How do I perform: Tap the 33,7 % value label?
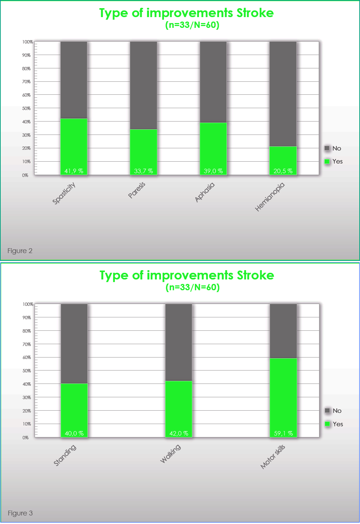point(144,171)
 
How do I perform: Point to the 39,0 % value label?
point(213,171)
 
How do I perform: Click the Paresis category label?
point(137,190)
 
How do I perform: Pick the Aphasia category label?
point(205,192)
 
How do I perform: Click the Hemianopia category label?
point(270,197)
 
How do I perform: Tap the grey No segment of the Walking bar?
point(179,342)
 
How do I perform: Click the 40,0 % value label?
point(74,433)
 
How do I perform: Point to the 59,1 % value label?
point(283,433)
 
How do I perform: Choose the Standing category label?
point(65,455)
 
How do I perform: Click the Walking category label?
point(170,453)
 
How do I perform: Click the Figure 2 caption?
point(20,251)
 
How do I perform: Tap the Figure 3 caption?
point(20,513)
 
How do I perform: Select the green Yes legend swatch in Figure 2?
point(327,161)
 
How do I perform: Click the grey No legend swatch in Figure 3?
point(327,411)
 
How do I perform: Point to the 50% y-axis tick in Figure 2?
point(26,109)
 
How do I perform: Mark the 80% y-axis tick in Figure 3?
point(27,331)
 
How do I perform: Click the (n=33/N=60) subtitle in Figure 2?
point(192,25)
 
